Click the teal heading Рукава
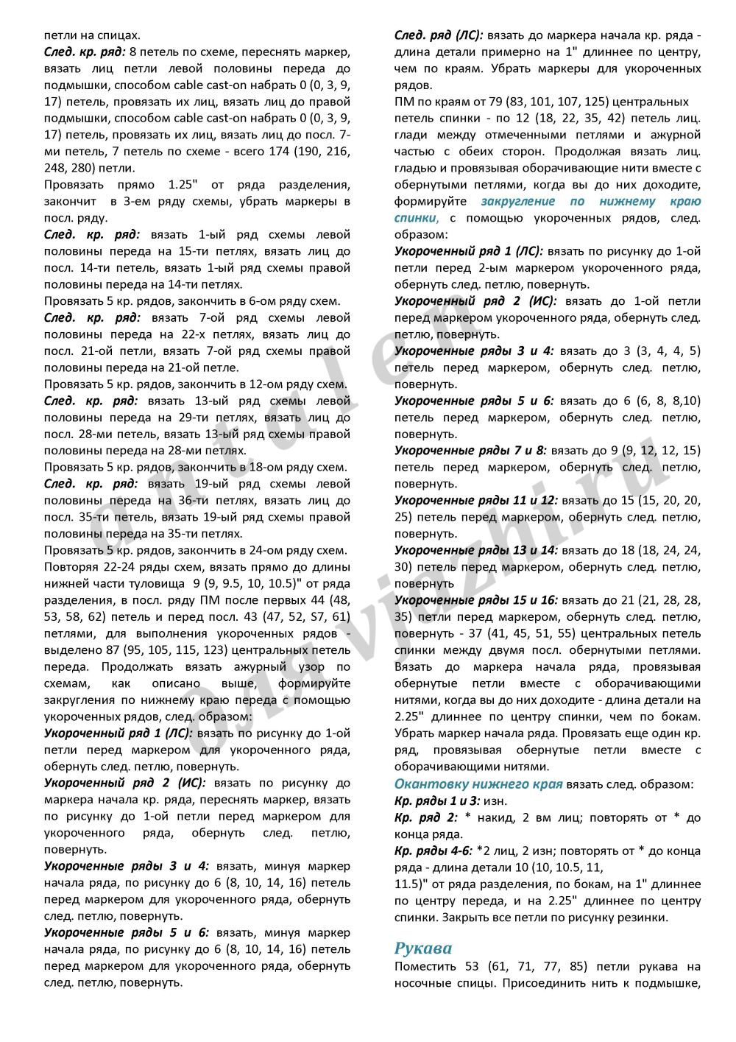click(x=423, y=948)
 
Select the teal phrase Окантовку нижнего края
click(x=478, y=784)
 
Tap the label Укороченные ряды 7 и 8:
click(x=470, y=451)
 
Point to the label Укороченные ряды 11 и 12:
click(x=475, y=501)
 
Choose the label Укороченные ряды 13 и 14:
click(x=475, y=550)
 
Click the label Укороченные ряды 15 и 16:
click(x=475, y=600)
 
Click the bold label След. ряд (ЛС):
click(x=439, y=35)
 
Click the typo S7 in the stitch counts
click(x=319, y=617)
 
